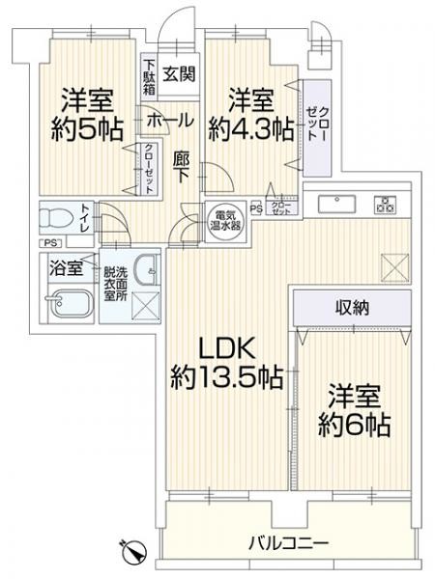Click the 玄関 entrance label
pyautogui.click(x=180, y=74)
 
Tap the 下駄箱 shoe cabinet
pyautogui.click(x=149, y=77)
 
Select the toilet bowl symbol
pyautogui.click(x=55, y=218)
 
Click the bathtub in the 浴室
pyautogui.click(x=71, y=304)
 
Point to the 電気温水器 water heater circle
pyautogui.click(x=226, y=221)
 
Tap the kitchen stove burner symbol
pyautogui.click(x=386, y=205)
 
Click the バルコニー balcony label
pyautogui.click(x=288, y=543)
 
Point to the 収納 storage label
pyautogui.click(x=353, y=308)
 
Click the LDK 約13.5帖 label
pyautogui.click(x=227, y=362)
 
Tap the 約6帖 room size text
pyautogui.click(x=355, y=425)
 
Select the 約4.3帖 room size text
pyautogui.click(x=251, y=129)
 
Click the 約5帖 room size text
pyautogui.click(x=87, y=129)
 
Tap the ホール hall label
pyautogui.click(x=170, y=121)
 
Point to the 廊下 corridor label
pyautogui.click(x=182, y=168)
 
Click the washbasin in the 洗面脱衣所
pyautogui.click(x=147, y=270)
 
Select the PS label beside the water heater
pyautogui.click(x=256, y=209)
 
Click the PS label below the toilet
pyautogui.click(x=50, y=243)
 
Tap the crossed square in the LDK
pyautogui.click(x=394, y=267)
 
